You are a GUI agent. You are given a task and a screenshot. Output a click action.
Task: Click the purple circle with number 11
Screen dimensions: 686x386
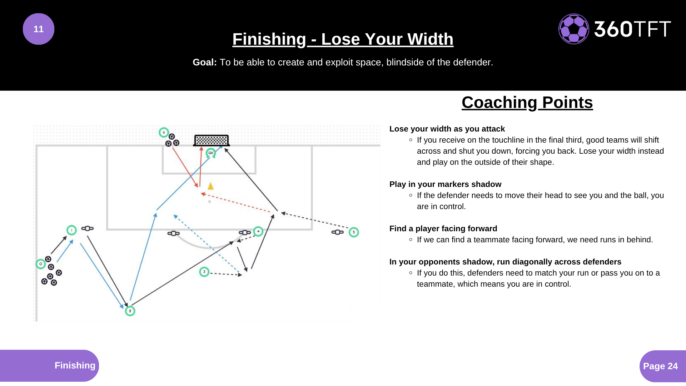pos(39,29)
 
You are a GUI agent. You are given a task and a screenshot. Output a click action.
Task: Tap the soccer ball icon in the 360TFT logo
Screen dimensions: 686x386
pos(574,29)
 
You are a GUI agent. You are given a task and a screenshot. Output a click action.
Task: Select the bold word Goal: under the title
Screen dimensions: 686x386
pos(205,62)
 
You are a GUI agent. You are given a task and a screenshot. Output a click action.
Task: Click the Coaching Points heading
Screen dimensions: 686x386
pos(527,103)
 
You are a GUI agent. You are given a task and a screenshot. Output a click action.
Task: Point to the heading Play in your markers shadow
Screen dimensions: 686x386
pos(445,184)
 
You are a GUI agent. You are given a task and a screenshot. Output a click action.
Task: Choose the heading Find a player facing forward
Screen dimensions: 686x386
pos(443,228)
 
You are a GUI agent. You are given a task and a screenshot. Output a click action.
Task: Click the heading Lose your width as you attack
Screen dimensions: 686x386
pos(447,129)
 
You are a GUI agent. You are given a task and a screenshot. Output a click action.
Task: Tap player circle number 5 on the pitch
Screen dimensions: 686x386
pos(354,232)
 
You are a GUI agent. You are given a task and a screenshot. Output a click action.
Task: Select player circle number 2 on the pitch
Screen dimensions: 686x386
pos(130,311)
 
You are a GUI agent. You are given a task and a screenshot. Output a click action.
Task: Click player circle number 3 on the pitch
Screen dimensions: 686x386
pos(204,272)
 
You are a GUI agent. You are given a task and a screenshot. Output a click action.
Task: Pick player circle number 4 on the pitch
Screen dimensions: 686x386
pos(258,231)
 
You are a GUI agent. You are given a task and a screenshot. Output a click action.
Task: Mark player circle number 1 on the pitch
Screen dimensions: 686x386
pos(71,230)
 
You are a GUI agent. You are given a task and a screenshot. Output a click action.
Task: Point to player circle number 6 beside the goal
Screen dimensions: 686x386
pos(164,133)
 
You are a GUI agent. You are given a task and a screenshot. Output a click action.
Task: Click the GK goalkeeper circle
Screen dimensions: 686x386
pos(211,153)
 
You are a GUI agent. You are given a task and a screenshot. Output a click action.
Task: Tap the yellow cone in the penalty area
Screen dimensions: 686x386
pos(210,186)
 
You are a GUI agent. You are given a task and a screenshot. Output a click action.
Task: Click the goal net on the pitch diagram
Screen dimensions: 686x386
pos(211,140)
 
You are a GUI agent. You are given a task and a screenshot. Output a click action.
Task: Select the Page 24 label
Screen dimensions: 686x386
pos(660,366)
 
